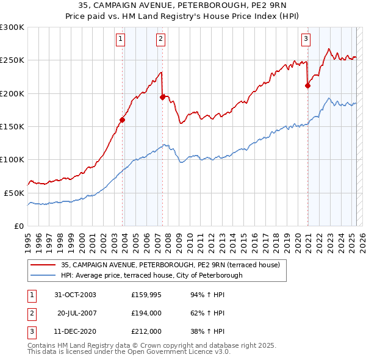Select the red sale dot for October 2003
click(x=123, y=120)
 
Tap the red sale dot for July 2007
click(x=162, y=97)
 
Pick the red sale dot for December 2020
click(x=307, y=85)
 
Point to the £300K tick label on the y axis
click(x=12, y=27)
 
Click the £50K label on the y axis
click(x=15, y=193)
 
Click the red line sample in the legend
click(x=43, y=265)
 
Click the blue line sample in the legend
click(x=43, y=275)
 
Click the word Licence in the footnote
click(x=196, y=352)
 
